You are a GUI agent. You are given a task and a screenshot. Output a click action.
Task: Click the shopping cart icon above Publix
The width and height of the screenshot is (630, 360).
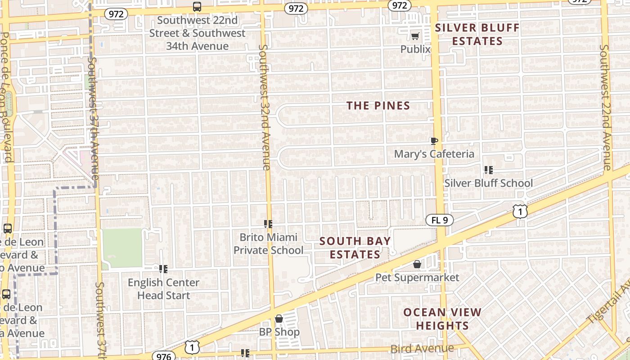coord(415,36)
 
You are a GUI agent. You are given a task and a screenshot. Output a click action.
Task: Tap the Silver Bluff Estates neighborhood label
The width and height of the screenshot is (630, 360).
coord(477,35)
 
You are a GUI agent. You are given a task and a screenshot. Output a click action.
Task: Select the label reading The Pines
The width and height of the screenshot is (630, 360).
coord(378,106)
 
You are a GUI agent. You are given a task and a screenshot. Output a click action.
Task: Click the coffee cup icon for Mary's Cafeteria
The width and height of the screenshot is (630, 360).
coord(434,141)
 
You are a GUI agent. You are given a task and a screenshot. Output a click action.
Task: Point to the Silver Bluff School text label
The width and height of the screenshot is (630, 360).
coord(488,183)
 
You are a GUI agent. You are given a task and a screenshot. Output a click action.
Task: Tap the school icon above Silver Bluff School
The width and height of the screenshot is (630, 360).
coord(488,170)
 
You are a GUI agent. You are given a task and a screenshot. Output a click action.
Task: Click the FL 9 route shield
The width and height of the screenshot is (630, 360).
coord(439,220)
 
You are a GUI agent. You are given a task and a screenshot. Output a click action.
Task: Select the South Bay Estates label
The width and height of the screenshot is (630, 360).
coord(355,248)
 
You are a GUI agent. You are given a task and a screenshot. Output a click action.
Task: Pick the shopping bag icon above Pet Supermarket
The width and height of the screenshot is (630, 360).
coord(417,264)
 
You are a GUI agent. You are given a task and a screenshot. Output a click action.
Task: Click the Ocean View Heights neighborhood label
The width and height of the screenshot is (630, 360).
coord(442,319)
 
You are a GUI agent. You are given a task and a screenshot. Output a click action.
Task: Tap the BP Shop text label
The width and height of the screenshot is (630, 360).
coord(279,333)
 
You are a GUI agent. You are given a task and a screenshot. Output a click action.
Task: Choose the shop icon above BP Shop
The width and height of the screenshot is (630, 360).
coord(279,319)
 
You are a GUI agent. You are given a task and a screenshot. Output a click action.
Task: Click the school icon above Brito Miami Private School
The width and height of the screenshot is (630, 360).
coord(268,224)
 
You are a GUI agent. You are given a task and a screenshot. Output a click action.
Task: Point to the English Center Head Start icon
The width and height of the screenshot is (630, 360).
coord(163,269)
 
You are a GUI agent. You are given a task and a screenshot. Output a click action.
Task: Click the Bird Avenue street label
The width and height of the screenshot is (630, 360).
coord(422,349)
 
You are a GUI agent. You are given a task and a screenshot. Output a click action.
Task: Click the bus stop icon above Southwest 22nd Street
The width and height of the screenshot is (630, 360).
coord(197,7)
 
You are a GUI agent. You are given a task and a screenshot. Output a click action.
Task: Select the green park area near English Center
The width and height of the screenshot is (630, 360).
coord(122,247)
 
